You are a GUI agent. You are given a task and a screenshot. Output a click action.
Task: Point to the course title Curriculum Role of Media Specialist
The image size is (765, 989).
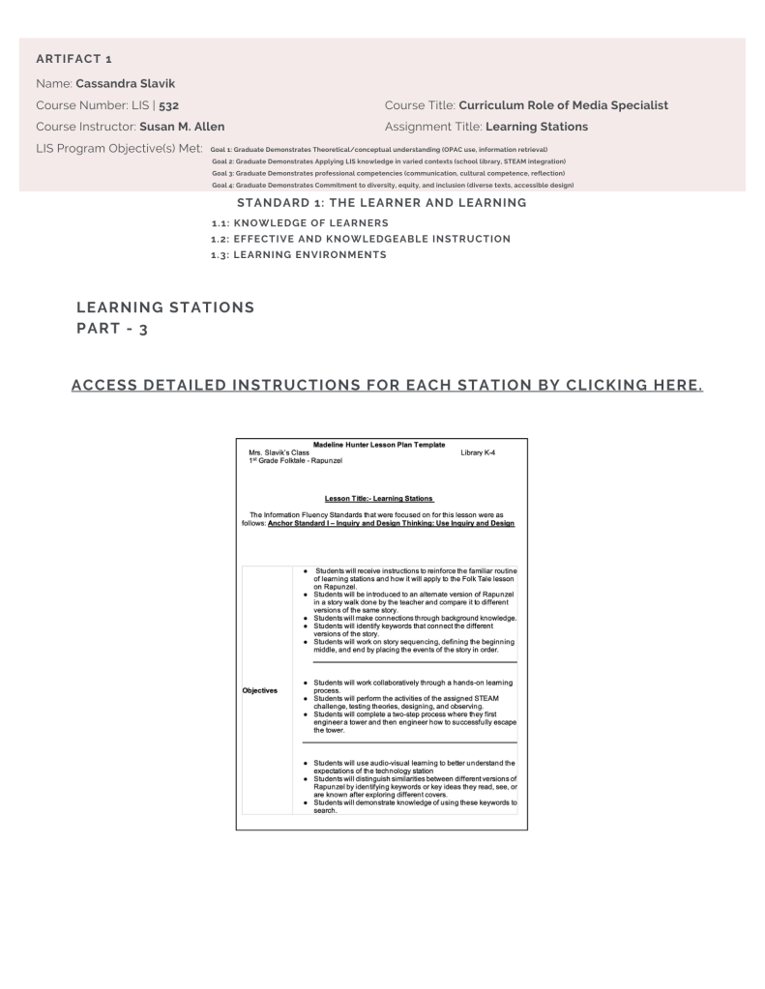point(563,104)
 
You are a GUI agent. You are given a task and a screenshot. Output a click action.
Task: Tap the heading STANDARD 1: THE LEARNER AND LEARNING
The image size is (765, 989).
point(381,203)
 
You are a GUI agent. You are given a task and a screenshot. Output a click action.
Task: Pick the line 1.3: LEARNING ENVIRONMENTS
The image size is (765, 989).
point(299,254)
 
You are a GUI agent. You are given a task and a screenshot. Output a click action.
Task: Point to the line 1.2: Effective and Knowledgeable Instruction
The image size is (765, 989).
point(361,238)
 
